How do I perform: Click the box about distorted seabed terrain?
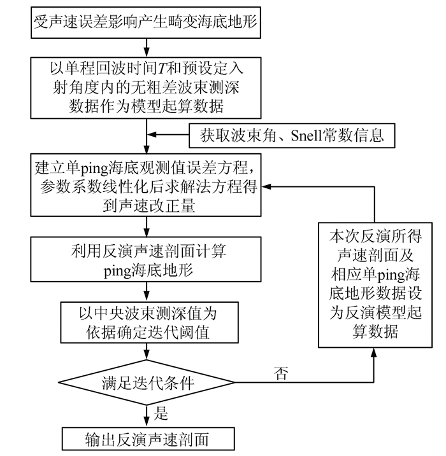pyautogui.click(x=148, y=23)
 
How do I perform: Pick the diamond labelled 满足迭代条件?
pyautogui.click(x=147, y=384)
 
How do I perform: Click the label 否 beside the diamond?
pyautogui.click(x=280, y=373)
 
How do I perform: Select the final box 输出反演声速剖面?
pyautogui.click(x=147, y=439)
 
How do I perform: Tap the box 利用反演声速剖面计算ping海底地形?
pyautogui.click(x=147, y=259)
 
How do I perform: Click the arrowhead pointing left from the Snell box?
pyautogui.click(x=152, y=135)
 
